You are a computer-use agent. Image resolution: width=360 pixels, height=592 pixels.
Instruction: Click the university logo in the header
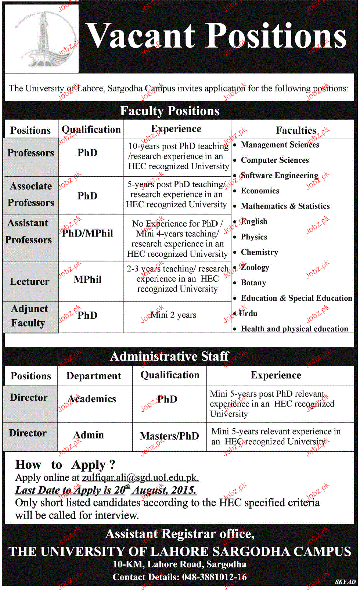click(x=42, y=39)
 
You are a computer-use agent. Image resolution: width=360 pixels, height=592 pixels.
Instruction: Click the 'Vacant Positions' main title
click(x=216, y=36)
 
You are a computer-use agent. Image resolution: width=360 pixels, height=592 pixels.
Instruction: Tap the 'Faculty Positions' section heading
click(x=170, y=111)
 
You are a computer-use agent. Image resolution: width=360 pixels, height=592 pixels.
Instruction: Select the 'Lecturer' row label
click(x=29, y=281)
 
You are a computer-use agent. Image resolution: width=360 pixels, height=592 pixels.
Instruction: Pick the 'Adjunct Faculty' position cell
click(x=29, y=316)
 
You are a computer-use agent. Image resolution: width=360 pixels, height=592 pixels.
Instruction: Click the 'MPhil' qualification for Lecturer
click(x=87, y=279)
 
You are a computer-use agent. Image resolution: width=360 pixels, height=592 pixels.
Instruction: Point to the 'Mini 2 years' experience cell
click(x=173, y=315)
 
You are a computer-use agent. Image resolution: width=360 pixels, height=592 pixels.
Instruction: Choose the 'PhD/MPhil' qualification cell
click(x=87, y=234)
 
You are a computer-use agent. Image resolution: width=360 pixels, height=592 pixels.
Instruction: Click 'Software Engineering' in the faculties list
click(x=279, y=176)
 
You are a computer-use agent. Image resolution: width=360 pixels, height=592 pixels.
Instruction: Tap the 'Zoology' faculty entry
click(x=255, y=267)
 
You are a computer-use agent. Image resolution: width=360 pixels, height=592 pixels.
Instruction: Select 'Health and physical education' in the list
click(x=294, y=329)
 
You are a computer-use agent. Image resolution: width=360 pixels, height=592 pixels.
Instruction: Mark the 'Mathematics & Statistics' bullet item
click(x=285, y=206)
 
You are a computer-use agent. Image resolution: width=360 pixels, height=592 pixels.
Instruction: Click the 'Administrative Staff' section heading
click(x=169, y=356)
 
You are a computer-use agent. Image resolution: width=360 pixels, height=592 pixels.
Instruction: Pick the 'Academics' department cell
click(x=92, y=399)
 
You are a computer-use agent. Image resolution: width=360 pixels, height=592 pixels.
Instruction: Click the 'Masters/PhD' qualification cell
click(x=169, y=436)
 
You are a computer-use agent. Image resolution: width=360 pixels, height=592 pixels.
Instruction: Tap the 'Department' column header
click(x=94, y=376)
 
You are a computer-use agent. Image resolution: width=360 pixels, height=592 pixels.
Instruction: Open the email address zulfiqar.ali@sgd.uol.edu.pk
click(x=140, y=478)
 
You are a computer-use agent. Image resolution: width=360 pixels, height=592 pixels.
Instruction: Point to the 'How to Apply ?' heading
click(x=65, y=465)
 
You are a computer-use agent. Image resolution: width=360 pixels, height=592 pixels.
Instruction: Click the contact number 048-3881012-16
click(x=214, y=577)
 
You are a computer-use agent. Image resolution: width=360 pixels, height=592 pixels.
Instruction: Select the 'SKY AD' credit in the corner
click(x=345, y=582)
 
